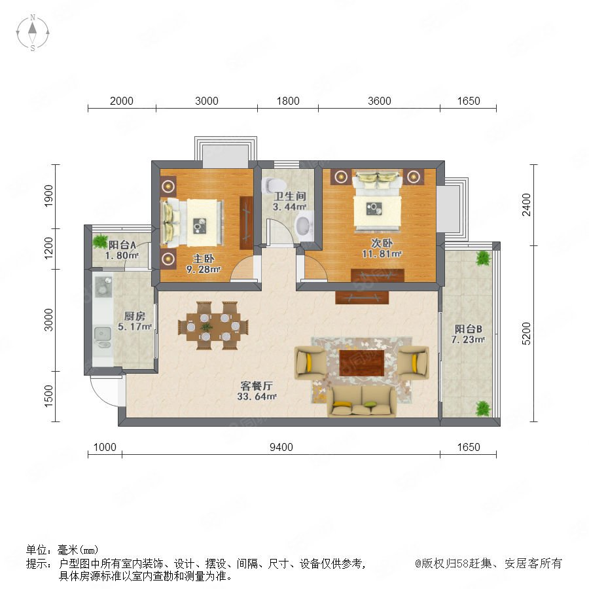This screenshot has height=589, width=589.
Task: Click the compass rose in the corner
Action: [33, 33]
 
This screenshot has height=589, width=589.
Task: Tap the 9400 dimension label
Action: [281, 447]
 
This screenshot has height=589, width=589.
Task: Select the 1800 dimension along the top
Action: [288, 101]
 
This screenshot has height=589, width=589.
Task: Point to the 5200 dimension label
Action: [526, 333]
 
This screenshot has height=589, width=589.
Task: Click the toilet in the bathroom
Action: [274, 185]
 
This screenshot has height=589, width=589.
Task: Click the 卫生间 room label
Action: [290, 196]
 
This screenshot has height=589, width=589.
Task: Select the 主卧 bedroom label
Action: [204, 259]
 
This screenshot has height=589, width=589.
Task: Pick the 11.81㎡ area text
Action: [382, 254]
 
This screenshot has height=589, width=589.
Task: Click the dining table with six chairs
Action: [213, 326]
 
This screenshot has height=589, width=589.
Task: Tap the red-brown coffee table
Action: [361, 363]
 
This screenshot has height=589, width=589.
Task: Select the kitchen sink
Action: [103, 337]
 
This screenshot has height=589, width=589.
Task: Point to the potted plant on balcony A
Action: [100, 241]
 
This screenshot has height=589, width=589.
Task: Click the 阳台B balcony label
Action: [468, 329]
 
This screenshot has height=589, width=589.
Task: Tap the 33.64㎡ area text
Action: [257, 397]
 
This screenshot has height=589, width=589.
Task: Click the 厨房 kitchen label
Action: [134, 316]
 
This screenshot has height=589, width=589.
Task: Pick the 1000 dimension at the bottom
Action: [105, 447]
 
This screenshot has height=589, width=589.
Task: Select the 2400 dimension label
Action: [526, 205]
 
